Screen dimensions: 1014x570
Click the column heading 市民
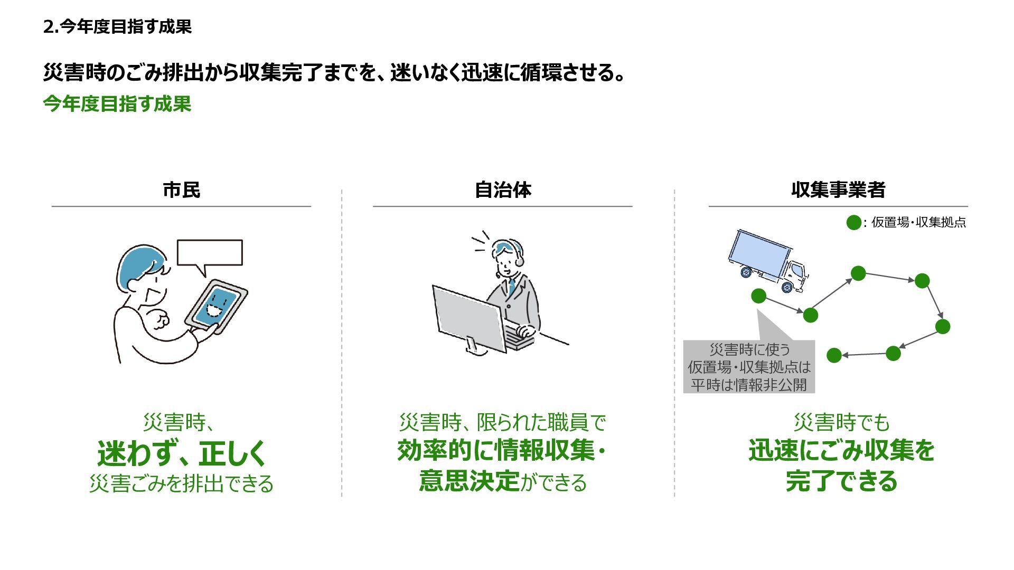pyautogui.click(x=181, y=190)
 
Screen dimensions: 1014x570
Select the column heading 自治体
pyautogui.click(x=503, y=190)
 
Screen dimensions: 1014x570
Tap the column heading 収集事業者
pyautogui.click(x=838, y=190)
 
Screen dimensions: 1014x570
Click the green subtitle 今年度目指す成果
pyautogui.click(x=117, y=104)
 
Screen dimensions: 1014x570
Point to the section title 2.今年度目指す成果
pyautogui.click(x=117, y=26)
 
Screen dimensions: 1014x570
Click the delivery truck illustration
pyautogui.click(x=768, y=261)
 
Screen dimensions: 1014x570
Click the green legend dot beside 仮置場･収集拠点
pyautogui.click(x=853, y=223)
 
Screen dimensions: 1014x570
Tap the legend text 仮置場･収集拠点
pyautogui.click(x=918, y=223)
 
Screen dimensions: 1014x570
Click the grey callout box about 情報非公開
pyautogui.click(x=749, y=366)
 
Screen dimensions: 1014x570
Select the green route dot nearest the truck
pyautogui.click(x=758, y=296)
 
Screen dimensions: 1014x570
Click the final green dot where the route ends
pyautogui.click(x=834, y=355)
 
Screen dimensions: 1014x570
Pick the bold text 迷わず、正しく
pyautogui.click(x=181, y=453)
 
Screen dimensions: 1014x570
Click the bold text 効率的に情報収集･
pyautogui.click(x=501, y=450)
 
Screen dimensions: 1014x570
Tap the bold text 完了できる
pyautogui.click(x=841, y=481)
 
